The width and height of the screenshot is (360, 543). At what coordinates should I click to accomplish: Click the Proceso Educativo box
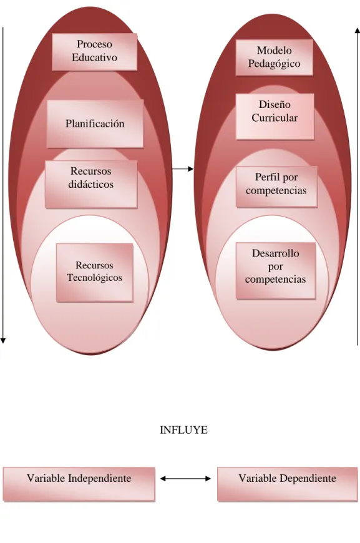pos(94,52)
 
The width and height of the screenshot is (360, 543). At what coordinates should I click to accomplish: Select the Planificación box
pos(95,124)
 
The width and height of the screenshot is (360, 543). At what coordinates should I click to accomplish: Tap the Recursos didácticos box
pos(91,184)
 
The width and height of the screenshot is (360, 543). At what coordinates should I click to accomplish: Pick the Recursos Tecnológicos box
pos(94,273)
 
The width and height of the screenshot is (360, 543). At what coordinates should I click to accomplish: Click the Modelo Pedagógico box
pos(274,57)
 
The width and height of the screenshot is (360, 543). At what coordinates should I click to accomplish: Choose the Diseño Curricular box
pos(275,117)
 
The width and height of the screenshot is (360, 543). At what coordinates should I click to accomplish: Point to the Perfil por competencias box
pos(276,187)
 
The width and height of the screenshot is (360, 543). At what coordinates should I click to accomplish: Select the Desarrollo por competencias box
pos(276,271)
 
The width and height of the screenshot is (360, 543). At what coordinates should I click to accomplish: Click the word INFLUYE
pos(183,430)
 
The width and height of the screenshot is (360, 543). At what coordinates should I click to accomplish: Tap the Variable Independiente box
pos(79,484)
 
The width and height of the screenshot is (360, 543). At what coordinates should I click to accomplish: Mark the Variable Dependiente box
pos(287,484)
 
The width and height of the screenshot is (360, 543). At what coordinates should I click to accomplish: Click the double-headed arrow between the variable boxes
pos(185,479)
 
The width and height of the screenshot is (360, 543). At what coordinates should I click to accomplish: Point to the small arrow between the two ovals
pos(182,169)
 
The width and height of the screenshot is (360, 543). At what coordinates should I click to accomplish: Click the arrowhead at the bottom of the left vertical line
pos(2,341)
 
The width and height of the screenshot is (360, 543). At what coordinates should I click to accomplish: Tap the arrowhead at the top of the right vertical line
pos(358,31)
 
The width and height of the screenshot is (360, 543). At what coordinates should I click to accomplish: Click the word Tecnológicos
pos(94,278)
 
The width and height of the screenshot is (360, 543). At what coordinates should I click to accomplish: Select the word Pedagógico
pos(274,64)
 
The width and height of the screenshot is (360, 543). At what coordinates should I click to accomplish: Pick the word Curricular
pos(275,118)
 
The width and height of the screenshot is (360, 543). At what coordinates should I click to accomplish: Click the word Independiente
pos(100,478)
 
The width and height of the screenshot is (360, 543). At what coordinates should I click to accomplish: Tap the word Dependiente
pos(308,478)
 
